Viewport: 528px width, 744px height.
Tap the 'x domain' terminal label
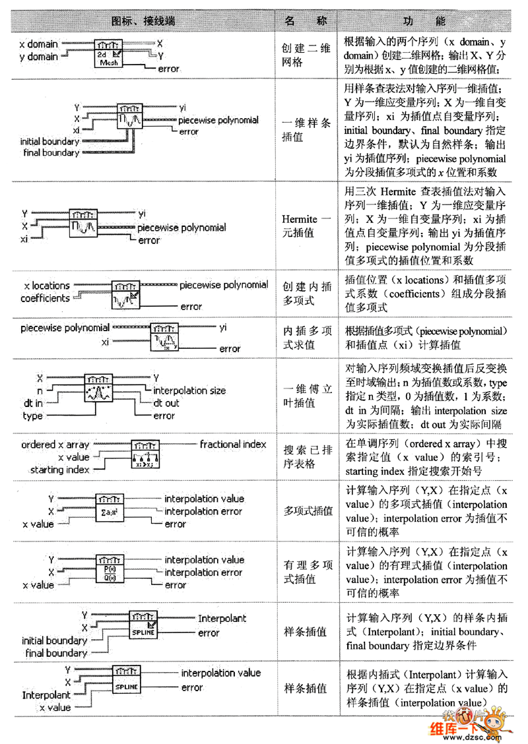pyautogui.click(x=38, y=44)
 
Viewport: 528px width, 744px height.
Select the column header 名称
pyautogui.click(x=305, y=20)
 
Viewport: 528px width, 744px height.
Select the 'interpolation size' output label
pyautogui.click(x=189, y=390)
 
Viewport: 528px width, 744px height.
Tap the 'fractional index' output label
pyautogui.click(x=233, y=445)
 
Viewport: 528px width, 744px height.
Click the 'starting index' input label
pyautogui.click(x=59, y=470)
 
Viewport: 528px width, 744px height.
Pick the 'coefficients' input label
pyautogui.click(x=45, y=298)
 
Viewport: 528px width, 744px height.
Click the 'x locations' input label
pyautogui.click(x=46, y=286)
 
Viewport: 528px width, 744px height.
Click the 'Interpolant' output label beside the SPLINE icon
pyautogui.click(x=222, y=619)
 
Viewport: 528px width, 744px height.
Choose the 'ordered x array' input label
pyautogui.click(x=55, y=445)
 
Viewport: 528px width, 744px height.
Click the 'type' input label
pyautogui.click(x=32, y=416)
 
